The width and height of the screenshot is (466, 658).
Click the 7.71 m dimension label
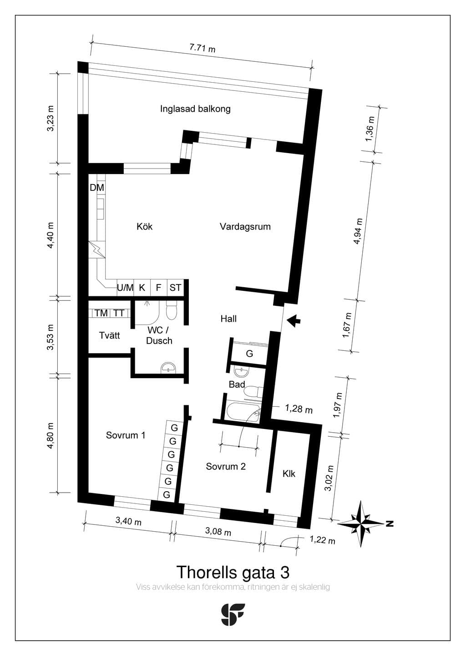click(x=202, y=48)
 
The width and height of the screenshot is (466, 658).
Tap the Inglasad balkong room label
click(x=195, y=109)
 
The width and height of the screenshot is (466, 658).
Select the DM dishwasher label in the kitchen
click(x=97, y=187)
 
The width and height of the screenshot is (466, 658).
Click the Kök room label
click(x=144, y=226)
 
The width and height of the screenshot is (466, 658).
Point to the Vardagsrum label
click(x=245, y=226)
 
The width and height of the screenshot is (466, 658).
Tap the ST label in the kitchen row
click(x=175, y=288)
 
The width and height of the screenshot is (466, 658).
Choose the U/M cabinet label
click(x=125, y=288)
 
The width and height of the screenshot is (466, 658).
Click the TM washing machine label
click(x=101, y=313)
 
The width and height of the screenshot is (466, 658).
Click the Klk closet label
click(x=289, y=474)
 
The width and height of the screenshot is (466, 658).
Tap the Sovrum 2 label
click(x=226, y=467)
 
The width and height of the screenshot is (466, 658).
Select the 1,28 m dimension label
click(x=299, y=409)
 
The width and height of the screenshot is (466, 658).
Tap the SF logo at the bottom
click(x=233, y=614)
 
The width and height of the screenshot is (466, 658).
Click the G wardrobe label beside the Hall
click(x=249, y=354)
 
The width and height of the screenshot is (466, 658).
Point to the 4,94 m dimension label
click(x=358, y=231)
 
